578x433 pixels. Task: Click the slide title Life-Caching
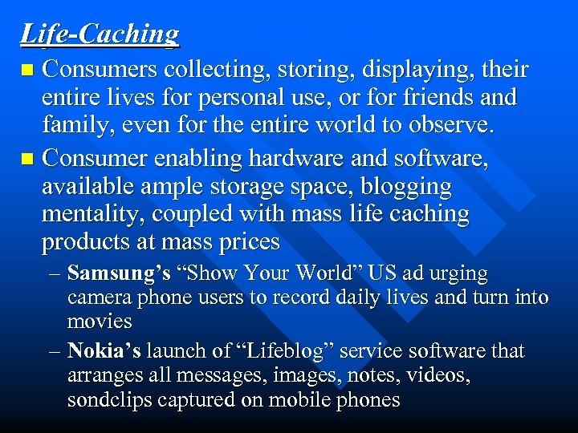[x=100, y=34]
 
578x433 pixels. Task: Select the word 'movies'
[x=100, y=322]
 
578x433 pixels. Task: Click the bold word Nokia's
[x=104, y=351]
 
